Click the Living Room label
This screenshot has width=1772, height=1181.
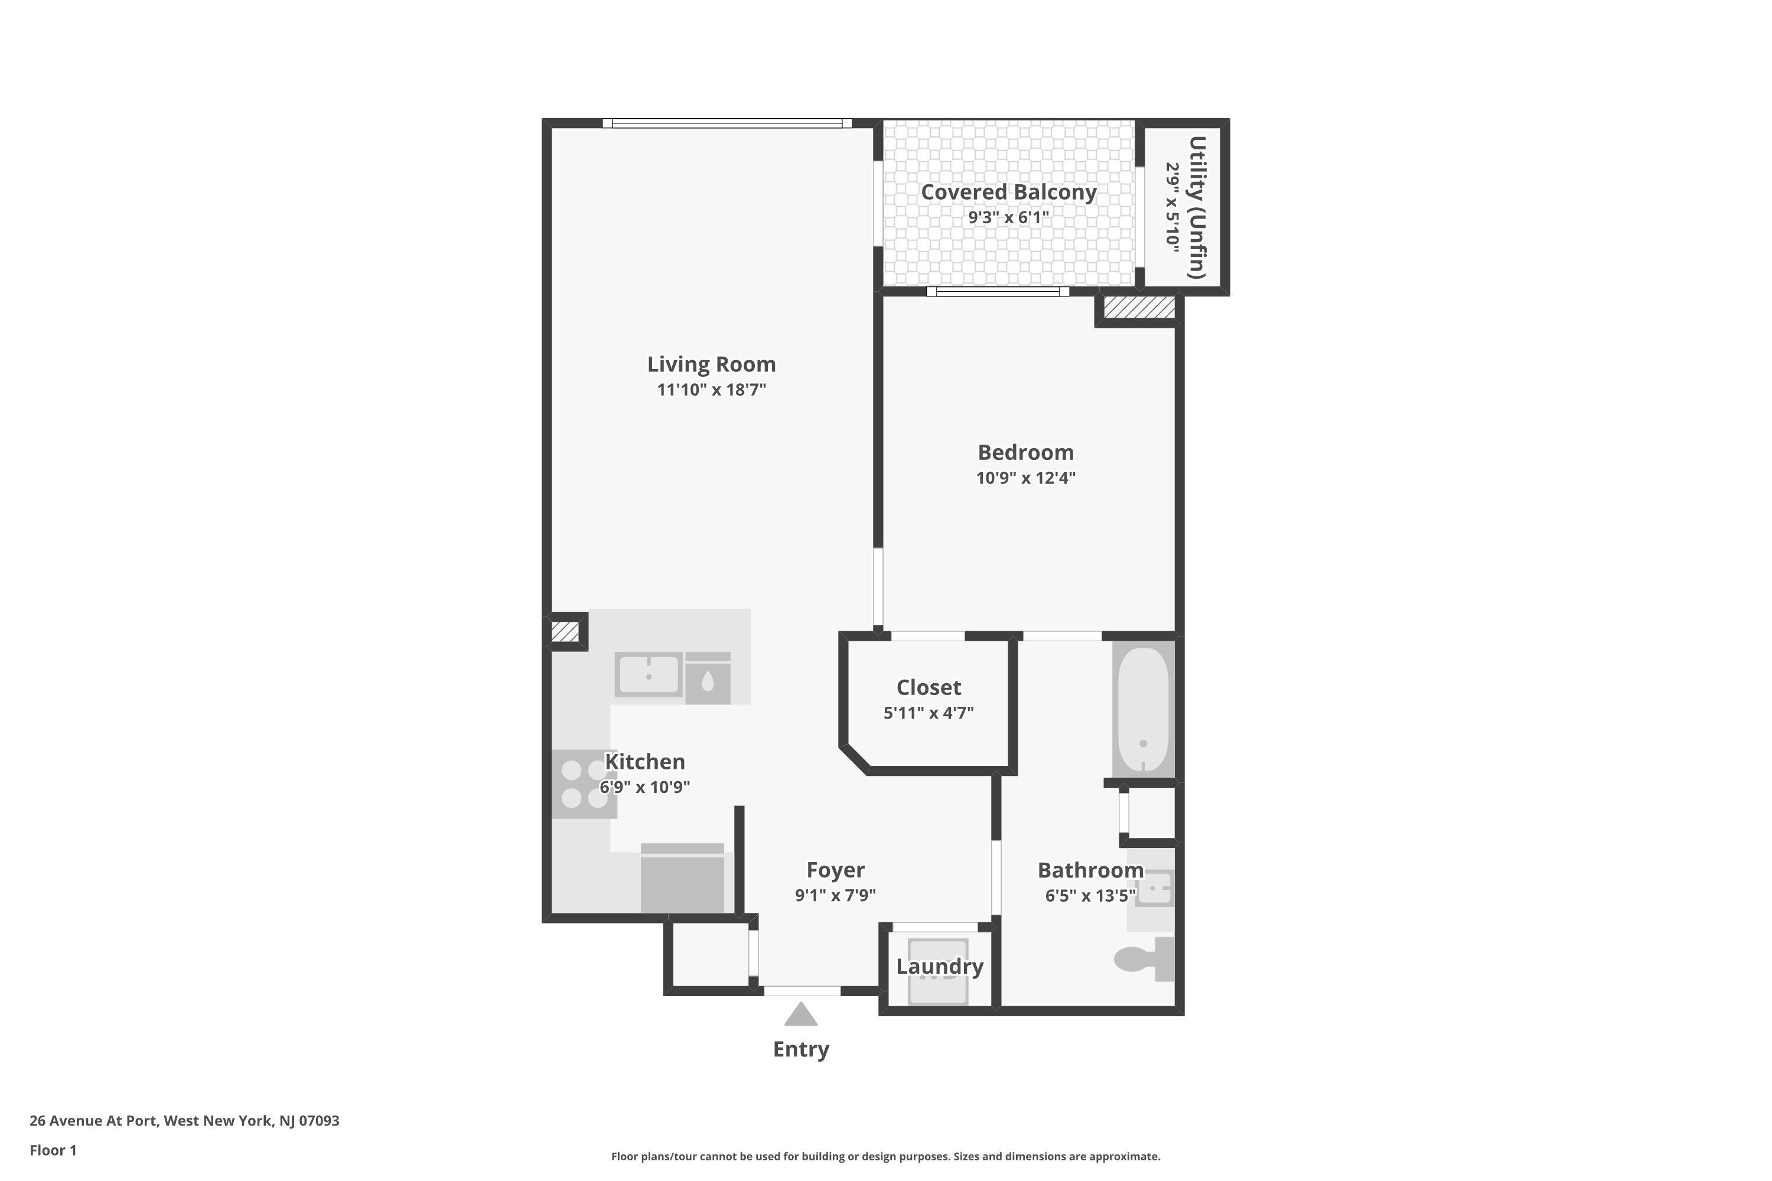click(x=711, y=364)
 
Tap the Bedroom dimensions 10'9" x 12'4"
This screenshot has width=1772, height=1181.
click(x=1025, y=478)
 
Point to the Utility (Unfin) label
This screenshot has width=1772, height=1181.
click(x=1197, y=207)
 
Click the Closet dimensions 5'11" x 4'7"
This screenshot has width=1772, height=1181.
click(x=928, y=713)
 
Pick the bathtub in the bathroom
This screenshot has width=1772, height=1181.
click(x=1143, y=709)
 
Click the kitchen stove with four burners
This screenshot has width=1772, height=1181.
click(x=584, y=784)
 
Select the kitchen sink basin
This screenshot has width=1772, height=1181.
click(x=649, y=675)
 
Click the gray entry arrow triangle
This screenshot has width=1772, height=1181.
click(x=801, y=1014)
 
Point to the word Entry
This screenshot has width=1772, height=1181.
click(x=801, y=1049)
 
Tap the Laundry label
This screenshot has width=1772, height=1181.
click(x=940, y=966)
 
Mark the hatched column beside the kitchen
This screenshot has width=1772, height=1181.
click(x=565, y=631)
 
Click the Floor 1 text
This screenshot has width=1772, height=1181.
click(x=53, y=1150)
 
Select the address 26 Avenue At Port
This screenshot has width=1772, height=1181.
click(x=94, y=1121)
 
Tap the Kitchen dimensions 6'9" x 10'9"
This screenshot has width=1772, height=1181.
click(x=645, y=787)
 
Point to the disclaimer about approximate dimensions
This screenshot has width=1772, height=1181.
click(x=885, y=1156)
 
